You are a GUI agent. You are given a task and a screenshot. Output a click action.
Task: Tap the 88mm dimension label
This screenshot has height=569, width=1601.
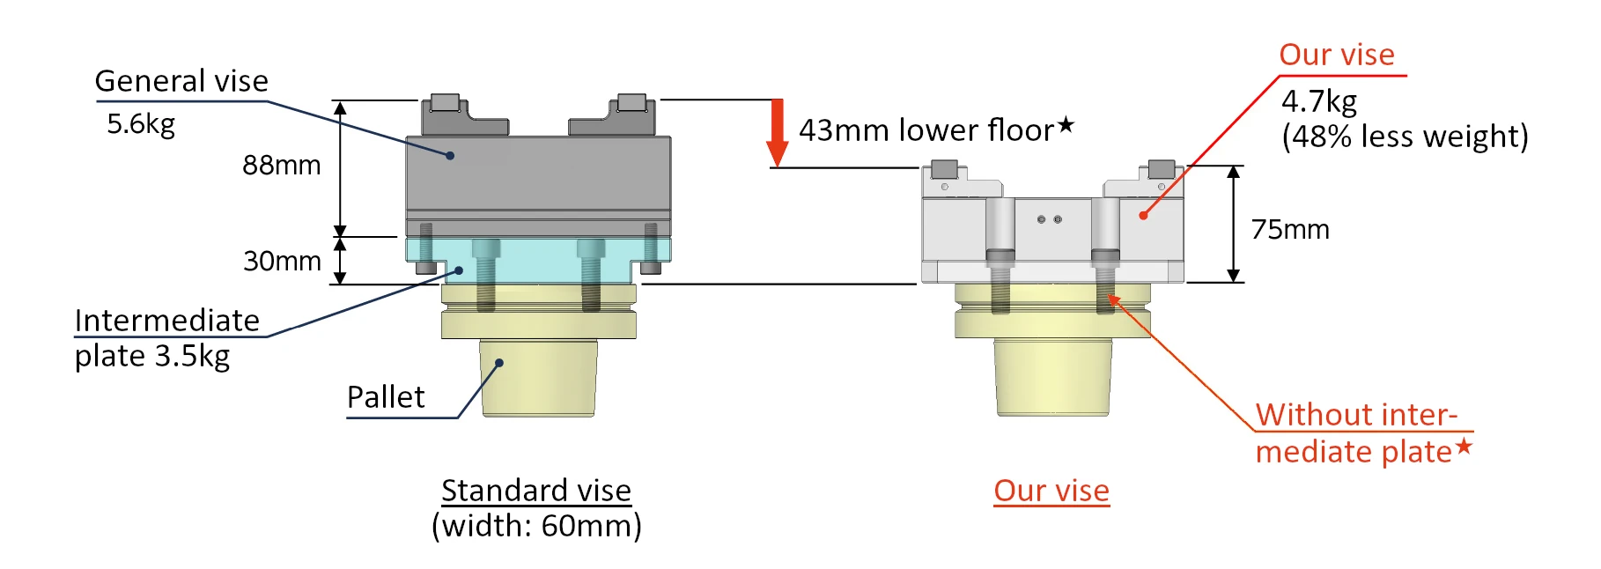tap(281, 166)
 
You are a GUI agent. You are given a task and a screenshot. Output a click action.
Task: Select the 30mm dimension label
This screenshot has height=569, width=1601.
tap(282, 261)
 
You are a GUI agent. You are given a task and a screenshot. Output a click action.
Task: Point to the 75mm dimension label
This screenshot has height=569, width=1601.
tap(1290, 230)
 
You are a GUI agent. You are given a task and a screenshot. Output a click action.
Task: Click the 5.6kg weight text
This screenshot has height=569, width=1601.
tap(141, 124)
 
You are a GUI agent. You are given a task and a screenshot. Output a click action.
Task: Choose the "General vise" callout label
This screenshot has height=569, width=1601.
tap(181, 81)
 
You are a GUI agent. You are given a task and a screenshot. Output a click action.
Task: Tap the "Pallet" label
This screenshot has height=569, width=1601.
tap(386, 397)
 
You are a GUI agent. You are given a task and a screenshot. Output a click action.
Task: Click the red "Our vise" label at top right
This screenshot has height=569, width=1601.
tap(1336, 55)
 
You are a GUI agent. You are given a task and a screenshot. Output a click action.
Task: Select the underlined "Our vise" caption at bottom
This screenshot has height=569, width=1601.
tap(1051, 491)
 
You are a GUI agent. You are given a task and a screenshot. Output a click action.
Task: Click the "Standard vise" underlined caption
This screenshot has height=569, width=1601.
tap(536, 491)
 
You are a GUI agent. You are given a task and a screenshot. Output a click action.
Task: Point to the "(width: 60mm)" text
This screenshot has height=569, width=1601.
tap(536, 526)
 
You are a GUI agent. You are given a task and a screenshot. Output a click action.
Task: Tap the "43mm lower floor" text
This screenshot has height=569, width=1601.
tap(926, 130)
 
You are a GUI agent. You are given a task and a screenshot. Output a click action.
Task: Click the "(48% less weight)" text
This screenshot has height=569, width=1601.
tap(1405, 137)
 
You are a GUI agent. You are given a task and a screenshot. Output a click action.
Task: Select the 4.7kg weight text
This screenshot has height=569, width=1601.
tap(1318, 101)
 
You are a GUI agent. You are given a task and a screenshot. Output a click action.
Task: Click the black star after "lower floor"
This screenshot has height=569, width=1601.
tap(1066, 125)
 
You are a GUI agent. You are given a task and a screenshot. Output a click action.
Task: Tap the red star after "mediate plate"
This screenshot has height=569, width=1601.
tap(1464, 447)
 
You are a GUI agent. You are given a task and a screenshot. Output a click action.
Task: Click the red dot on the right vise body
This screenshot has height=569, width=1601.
tap(1143, 215)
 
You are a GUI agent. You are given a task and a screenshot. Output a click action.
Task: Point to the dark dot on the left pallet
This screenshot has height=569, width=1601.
tap(499, 363)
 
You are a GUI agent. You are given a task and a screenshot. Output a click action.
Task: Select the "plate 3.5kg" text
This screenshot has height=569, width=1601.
tap(152, 356)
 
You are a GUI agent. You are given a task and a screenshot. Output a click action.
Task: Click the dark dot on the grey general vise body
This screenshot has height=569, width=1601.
tap(450, 156)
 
